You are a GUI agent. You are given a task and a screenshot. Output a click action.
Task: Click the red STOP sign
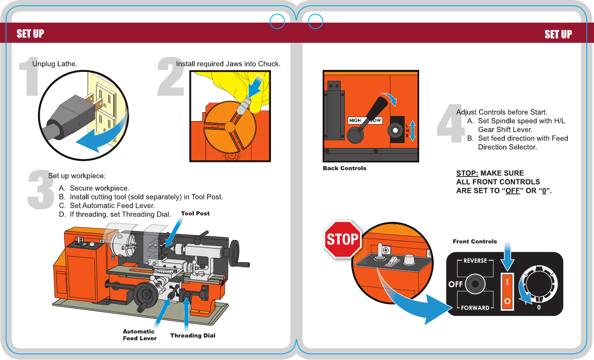[x=342, y=239]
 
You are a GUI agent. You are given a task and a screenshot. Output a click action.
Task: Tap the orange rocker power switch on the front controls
[x=507, y=291]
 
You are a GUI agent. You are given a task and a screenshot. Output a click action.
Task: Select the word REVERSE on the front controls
[x=475, y=261]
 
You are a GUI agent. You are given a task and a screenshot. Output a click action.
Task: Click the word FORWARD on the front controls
[x=475, y=308]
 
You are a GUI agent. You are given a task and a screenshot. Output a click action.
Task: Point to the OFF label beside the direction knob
[x=455, y=284]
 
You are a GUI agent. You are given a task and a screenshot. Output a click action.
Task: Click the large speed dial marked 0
[x=538, y=284]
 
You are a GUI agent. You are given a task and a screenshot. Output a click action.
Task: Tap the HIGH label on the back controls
[x=355, y=120]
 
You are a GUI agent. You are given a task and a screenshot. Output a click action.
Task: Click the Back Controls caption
[x=344, y=168]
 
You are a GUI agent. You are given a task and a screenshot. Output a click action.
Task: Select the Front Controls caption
[x=475, y=242]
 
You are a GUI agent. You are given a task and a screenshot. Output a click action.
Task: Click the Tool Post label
[x=195, y=214]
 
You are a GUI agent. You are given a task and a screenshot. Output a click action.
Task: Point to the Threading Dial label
[x=193, y=336]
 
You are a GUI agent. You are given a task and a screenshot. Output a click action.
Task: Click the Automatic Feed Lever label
[x=139, y=335]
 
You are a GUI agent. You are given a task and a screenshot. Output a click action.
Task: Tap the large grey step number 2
[x=170, y=77]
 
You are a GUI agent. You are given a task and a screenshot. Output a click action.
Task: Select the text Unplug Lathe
[x=55, y=64]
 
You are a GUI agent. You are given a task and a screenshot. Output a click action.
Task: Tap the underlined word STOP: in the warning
[x=467, y=173]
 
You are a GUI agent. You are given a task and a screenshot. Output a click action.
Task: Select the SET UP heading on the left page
[x=30, y=34]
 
